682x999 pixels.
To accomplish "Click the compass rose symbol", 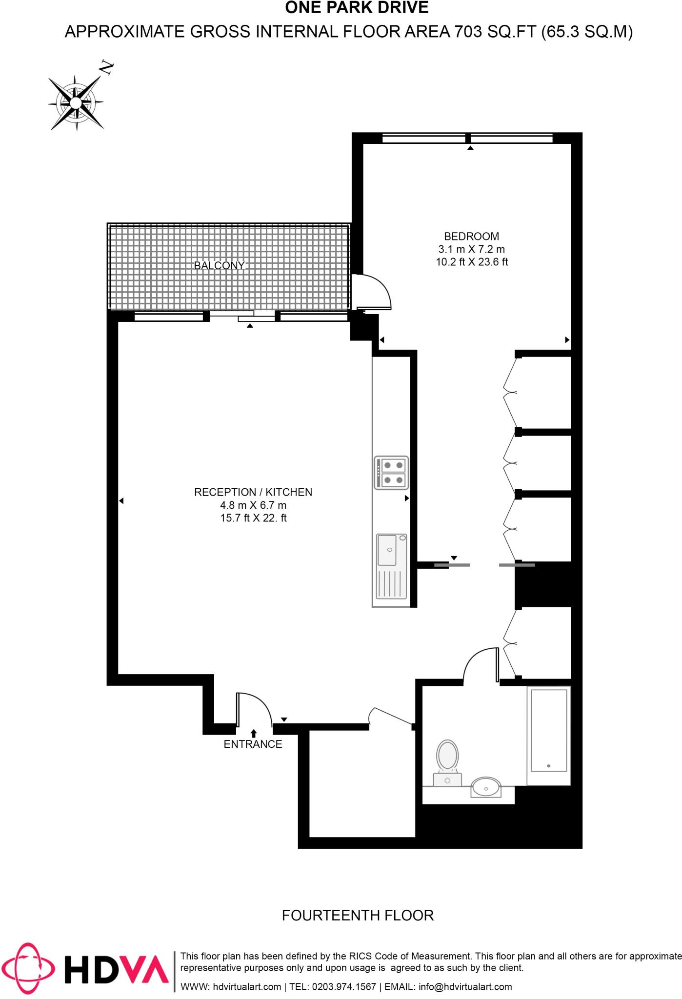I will tap(76, 103).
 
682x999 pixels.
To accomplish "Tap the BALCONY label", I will tap(219, 266).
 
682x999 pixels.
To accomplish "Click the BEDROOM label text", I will tap(471, 237).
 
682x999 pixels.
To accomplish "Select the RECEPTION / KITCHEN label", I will tap(253, 492).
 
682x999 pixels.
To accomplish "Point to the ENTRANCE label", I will tap(253, 744).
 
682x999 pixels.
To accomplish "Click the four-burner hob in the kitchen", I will tap(391, 473).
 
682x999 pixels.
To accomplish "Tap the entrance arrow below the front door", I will tap(254, 733).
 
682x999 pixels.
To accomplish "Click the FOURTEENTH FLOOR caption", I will tap(358, 916).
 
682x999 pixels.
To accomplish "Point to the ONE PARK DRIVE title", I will tap(357, 8).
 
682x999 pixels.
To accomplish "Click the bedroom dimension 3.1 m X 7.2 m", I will tap(471, 249).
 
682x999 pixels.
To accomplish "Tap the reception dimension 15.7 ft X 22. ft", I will tap(253, 518).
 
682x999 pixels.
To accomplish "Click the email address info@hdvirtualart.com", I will tap(465, 987).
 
